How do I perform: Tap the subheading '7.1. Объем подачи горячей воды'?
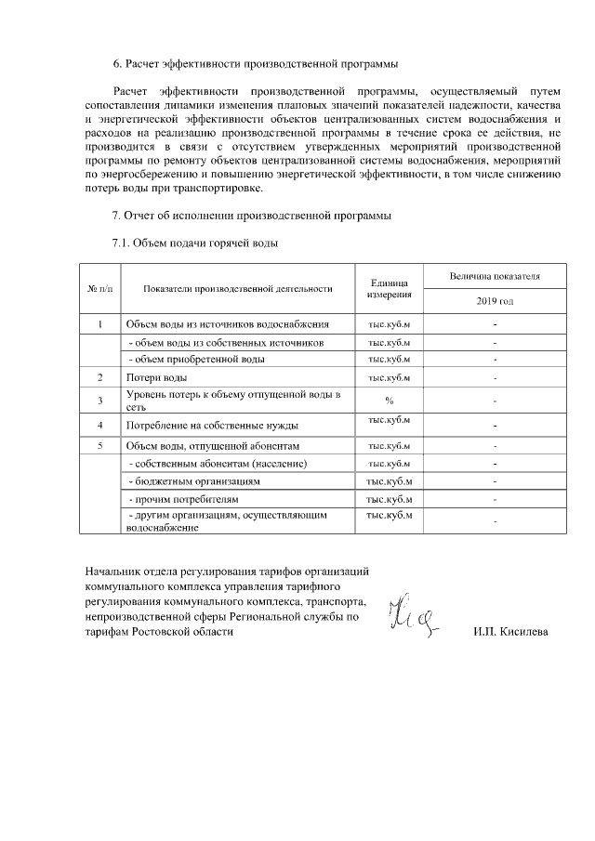point(195,244)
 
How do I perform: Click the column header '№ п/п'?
point(99,288)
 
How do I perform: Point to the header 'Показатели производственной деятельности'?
point(238,288)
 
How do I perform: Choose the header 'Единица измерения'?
point(390,288)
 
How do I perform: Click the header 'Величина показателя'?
point(495,276)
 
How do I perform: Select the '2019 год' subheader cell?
point(495,302)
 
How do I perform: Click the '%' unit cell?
point(390,401)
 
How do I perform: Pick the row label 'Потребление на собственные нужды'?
point(212,425)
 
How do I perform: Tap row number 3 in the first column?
point(99,401)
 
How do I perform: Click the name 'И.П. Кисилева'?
point(511,632)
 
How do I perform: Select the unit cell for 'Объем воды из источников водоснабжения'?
point(390,324)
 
